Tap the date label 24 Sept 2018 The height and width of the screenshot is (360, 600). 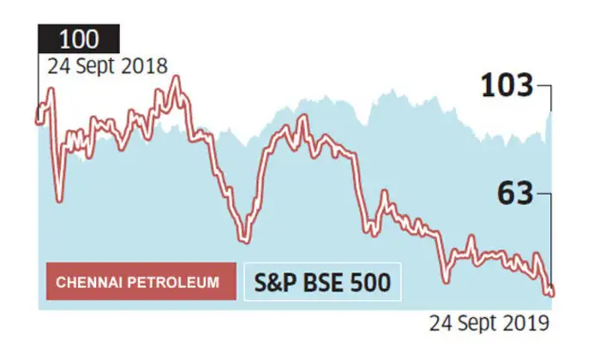point(102,66)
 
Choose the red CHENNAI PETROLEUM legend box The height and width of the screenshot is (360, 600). point(141,281)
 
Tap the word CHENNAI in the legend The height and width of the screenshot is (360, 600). point(90,282)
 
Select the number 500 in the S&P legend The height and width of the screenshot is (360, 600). point(369,281)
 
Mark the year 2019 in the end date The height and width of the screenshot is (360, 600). point(529,323)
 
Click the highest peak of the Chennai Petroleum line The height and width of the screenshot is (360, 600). point(177,80)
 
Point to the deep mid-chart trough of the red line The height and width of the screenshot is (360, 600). point(244,237)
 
